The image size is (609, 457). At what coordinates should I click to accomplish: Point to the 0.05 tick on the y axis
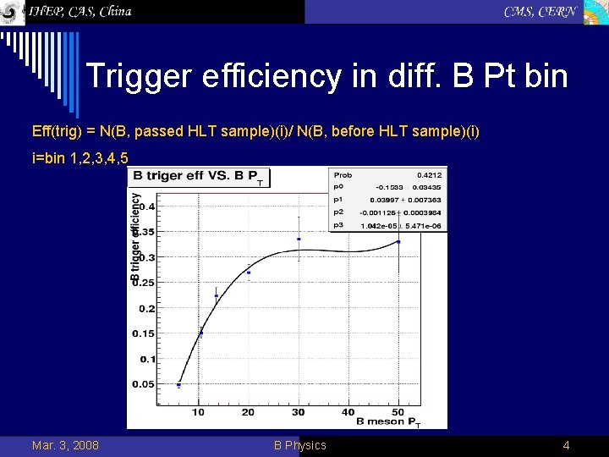(143, 384)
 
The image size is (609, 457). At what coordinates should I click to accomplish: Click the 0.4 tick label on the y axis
(147, 206)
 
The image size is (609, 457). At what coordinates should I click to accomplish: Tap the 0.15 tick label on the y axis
(143, 333)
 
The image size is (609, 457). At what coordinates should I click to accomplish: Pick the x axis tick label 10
(198, 412)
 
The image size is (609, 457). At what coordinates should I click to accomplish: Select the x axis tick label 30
(298, 412)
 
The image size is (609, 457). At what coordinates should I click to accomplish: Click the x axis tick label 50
(398, 412)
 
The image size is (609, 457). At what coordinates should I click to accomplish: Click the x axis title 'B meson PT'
(387, 421)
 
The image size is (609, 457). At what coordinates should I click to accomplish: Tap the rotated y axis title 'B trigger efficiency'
(135, 237)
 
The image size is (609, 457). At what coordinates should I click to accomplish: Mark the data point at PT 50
(398, 242)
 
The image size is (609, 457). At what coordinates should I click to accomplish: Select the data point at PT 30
(299, 239)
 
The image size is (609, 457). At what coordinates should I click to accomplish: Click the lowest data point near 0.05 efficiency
(178, 385)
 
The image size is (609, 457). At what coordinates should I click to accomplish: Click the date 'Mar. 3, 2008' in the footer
(65, 445)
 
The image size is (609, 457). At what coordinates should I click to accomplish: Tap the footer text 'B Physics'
(299, 445)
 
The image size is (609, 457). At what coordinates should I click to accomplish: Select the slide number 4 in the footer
(566, 445)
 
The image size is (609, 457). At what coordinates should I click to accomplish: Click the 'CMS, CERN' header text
(540, 11)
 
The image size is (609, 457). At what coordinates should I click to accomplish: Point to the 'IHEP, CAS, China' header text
(80, 11)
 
